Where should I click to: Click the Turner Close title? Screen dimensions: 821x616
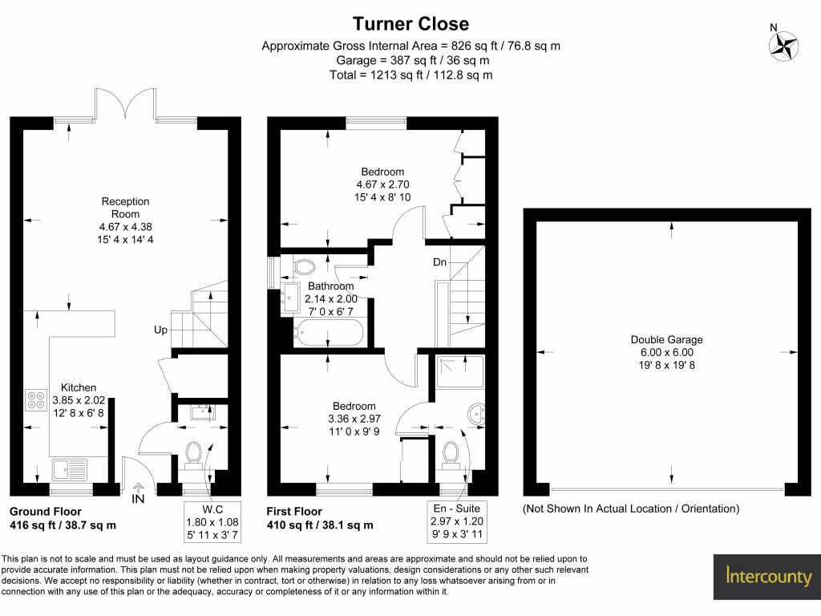click(410, 24)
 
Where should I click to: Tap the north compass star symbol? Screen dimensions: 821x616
click(784, 46)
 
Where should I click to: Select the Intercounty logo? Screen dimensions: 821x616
click(767, 577)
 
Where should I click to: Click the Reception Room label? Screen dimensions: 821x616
click(125, 208)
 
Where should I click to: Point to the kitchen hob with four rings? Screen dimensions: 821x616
click(36, 400)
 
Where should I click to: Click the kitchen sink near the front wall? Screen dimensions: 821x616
click(70, 470)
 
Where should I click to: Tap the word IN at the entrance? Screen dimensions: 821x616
click(138, 499)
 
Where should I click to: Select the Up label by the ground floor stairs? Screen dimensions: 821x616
click(160, 330)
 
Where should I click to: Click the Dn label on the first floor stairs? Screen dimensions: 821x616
click(439, 262)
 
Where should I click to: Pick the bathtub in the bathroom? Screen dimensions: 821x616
click(328, 333)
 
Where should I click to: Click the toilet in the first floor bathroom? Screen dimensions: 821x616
click(303, 265)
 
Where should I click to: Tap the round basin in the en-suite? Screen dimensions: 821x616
click(477, 414)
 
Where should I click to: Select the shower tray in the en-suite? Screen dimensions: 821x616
click(460, 372)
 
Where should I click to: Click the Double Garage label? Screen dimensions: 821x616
click(666, 339)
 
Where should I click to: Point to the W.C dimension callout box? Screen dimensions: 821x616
click(212, 522)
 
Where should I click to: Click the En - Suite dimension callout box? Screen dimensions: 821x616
click(457, 521)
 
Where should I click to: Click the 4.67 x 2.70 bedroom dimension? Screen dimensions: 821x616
click(382, 184)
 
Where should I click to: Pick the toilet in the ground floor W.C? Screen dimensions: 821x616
click(194, 455)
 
